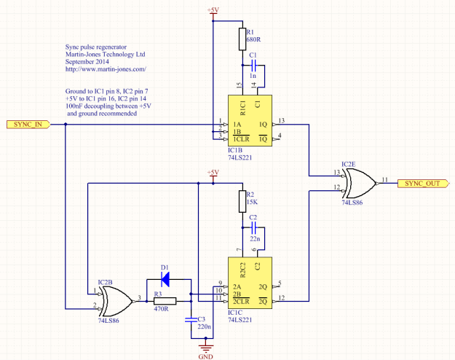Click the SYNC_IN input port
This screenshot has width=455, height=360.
click(28, 125)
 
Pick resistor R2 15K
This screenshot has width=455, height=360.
click(240, 200)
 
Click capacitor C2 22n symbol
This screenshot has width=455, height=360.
click(253, 228)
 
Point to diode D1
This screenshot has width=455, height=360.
click(165, 278)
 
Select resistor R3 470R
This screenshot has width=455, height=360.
click(164, 300)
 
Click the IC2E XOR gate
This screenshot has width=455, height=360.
click(358, 184)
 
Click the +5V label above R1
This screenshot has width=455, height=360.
click(213, 9)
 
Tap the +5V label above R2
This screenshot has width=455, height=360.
click(213, 172)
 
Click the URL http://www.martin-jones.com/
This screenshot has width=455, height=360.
click(106, 69)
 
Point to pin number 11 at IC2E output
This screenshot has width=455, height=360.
click(384, 179)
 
